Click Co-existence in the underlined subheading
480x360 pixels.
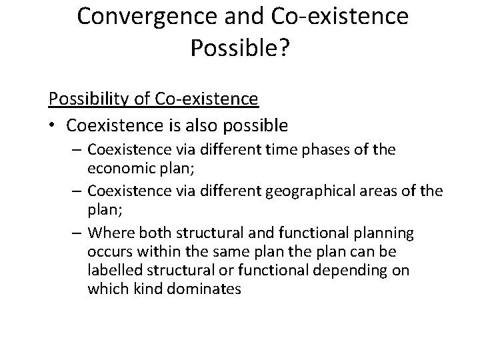coord(207,99)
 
